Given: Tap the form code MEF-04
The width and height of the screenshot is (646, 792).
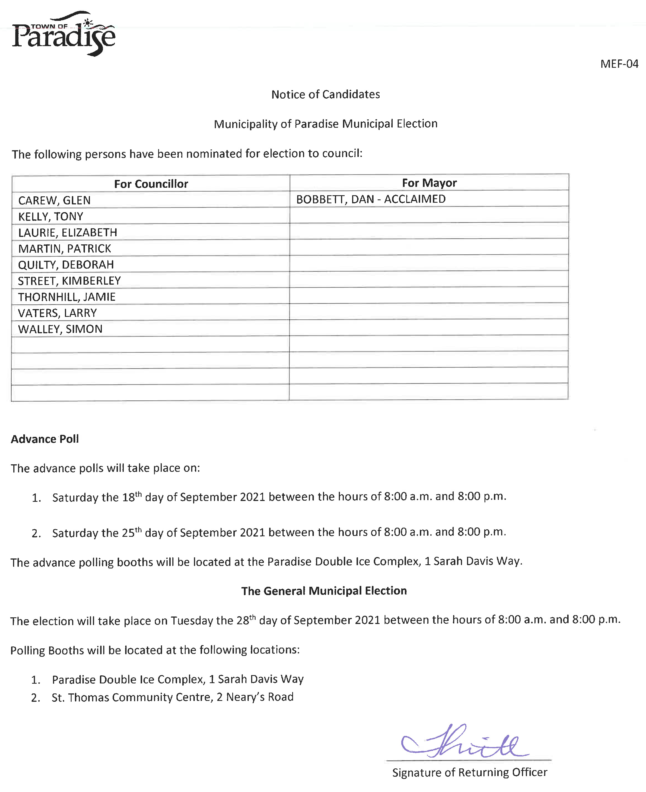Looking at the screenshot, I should point(619,64).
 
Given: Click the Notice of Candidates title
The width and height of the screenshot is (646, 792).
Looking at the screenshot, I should point(325,95).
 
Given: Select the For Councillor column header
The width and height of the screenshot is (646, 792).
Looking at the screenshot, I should point(151,184).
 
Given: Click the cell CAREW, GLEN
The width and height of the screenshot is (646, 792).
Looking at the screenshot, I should point(54,200).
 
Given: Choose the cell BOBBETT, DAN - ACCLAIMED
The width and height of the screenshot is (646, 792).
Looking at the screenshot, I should point(371,199).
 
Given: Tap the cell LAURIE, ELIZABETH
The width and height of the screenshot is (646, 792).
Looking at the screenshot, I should point(68,233).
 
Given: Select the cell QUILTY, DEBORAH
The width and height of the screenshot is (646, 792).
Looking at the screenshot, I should point(66,265).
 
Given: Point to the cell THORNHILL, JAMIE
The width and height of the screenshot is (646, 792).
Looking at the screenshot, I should point(67,297).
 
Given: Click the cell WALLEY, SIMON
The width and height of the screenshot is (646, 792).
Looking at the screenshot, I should point(60,329).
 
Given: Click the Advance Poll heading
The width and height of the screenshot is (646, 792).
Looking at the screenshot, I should point(45,439).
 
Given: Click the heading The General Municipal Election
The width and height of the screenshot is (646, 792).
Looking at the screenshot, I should point(324,591).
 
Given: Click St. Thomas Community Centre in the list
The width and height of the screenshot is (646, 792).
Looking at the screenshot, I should point(132,697).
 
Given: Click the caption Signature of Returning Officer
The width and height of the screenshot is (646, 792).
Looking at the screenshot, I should point(470,773).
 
